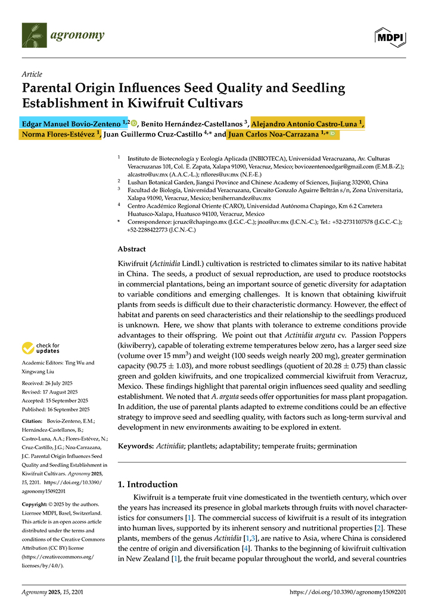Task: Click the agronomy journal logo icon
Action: (33, 35)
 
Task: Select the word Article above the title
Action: (32, 74)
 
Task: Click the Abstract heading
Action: (132, 250)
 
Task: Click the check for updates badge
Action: (41, 348)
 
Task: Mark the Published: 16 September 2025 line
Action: (55, 409)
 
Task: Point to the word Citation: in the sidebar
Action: (33, 421)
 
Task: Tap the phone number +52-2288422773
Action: (144, 229)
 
